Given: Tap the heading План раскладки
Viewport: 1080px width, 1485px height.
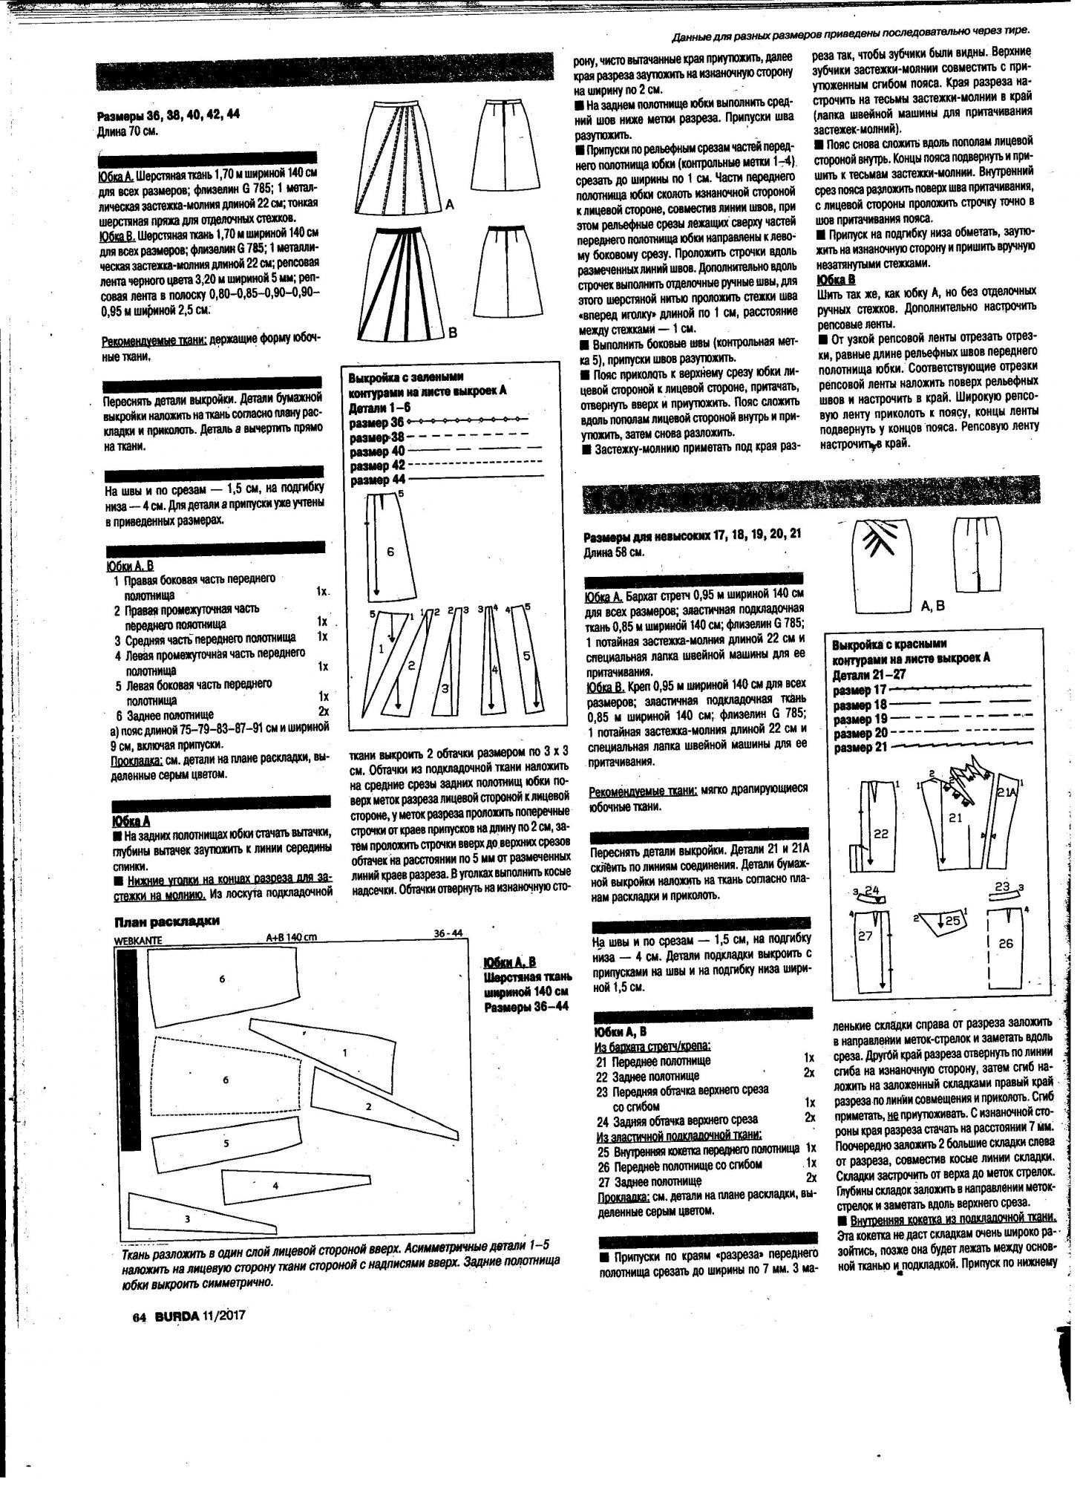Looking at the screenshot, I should click(166, 922).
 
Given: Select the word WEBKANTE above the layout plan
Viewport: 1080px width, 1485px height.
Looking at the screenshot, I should click(138, 939).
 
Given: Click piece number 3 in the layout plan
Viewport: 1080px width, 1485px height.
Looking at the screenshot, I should click(187, 1218).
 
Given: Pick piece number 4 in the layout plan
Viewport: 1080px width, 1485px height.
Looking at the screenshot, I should click(275, 1186).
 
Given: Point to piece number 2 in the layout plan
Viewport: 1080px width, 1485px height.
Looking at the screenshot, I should click(368, 1107).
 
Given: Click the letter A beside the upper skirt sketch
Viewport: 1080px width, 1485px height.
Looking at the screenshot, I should click(450, 203).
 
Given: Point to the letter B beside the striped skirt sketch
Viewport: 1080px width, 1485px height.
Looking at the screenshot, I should click(453, 333).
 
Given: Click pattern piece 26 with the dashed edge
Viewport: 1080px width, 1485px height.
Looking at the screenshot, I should click(1005, 944).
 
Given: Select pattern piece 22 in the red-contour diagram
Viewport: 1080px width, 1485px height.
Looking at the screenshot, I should click(880, 834).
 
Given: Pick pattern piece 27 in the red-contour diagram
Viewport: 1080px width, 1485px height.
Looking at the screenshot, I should click(865, 937).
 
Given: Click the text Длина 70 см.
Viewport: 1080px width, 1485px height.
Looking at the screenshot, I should click(128, 131).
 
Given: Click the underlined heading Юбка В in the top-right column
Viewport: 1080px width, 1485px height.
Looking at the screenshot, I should click(836, 279).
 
